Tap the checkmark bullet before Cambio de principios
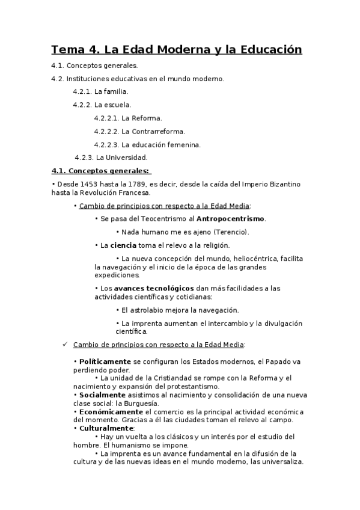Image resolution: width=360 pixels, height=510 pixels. (66, 345)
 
